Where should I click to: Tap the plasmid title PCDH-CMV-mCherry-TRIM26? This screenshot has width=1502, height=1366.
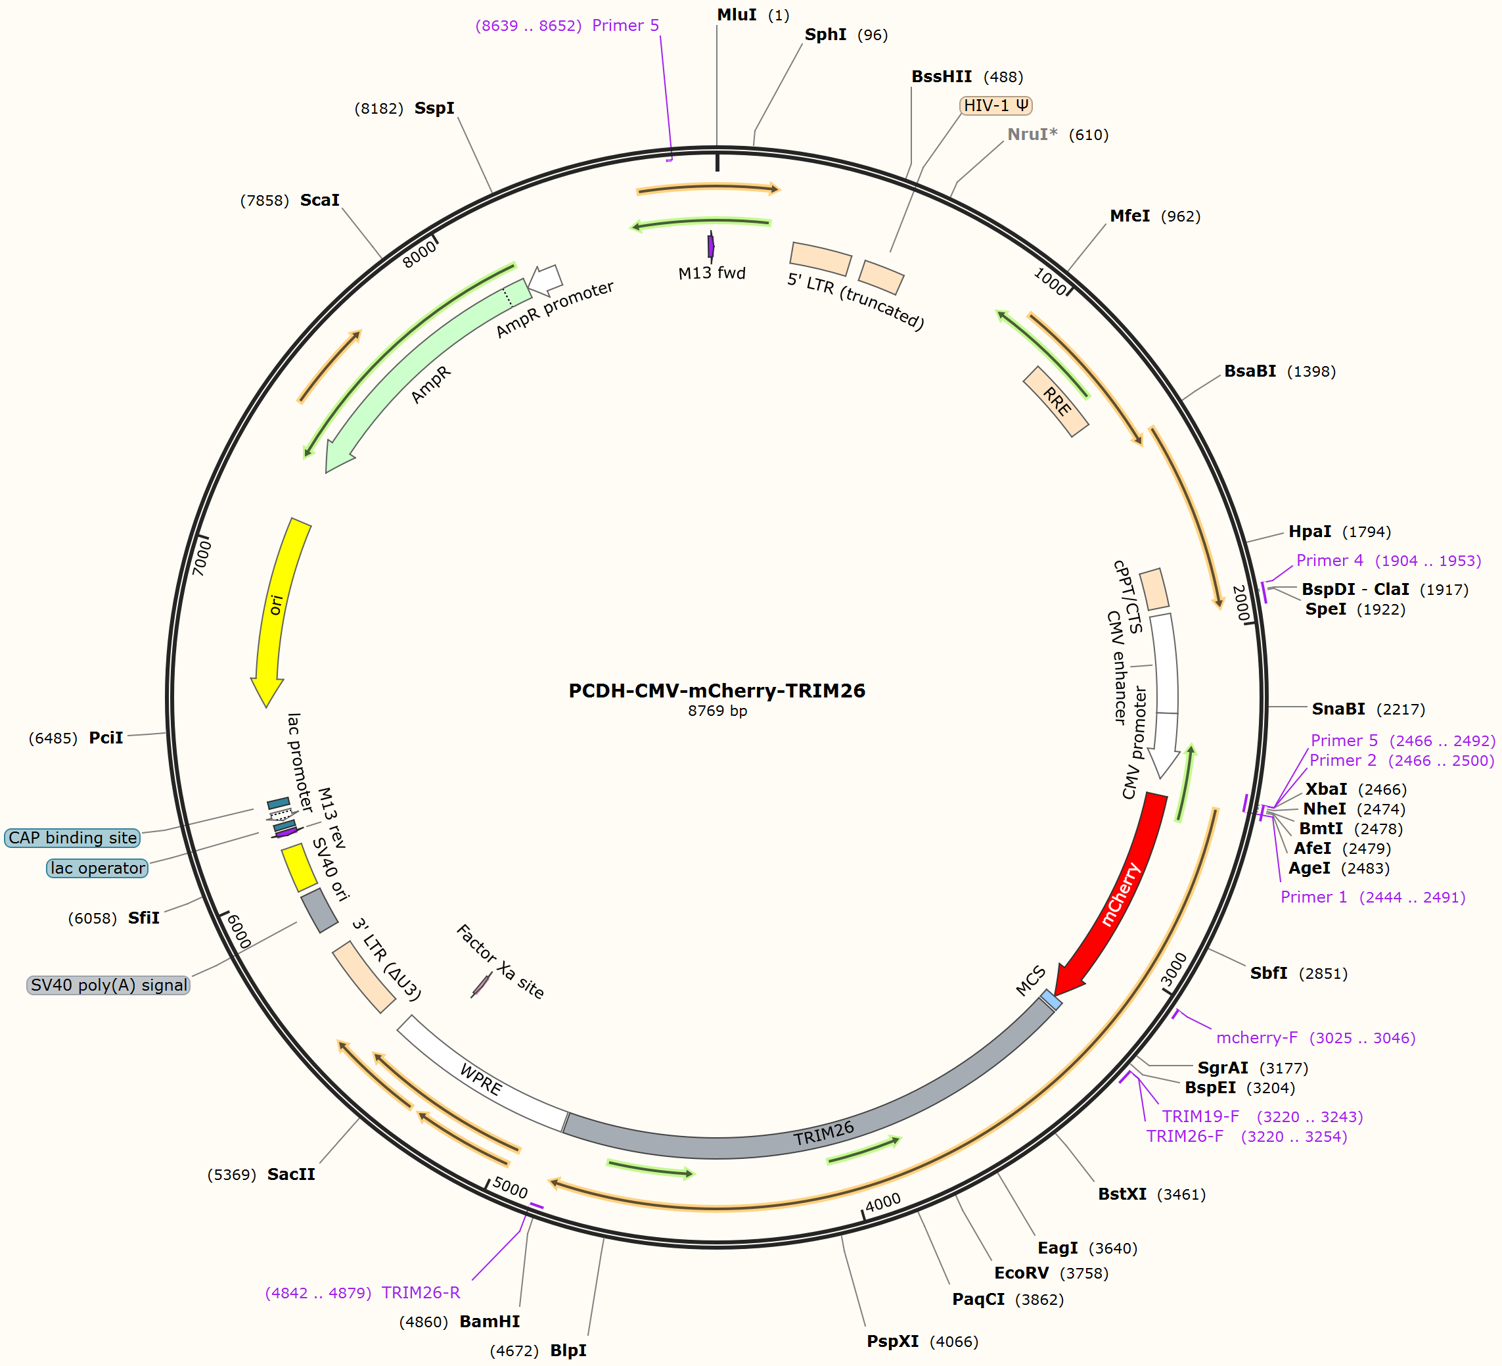(717, 691)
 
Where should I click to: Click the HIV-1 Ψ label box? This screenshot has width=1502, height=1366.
(996, 106)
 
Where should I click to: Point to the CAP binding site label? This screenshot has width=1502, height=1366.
(72, 837)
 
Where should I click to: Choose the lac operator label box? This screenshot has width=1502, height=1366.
(98, 868)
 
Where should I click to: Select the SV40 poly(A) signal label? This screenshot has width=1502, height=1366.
(109, 985)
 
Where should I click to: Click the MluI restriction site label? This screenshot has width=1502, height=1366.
(737, 15)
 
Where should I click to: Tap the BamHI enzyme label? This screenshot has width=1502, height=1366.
(489, 1321)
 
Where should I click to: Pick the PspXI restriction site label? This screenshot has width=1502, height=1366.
(892, 1342)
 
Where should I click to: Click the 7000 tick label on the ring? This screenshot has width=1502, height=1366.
(202, 557)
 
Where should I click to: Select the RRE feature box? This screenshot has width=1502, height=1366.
(1057, 401)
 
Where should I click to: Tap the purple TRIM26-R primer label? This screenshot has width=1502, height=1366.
(421, 1293)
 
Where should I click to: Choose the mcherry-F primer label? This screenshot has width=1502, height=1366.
(1257, 1038)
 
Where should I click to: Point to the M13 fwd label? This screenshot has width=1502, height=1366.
(712, 273)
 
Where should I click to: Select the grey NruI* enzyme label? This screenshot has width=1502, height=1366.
(1032, 134)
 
